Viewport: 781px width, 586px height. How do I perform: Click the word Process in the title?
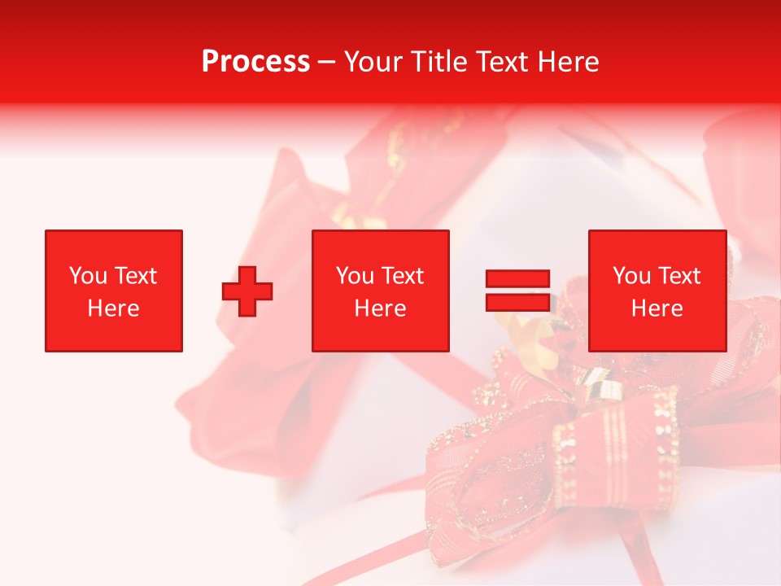[255, 62]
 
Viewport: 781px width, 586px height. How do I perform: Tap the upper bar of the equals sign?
[517, 279]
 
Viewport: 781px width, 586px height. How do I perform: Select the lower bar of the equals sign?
[517, 302]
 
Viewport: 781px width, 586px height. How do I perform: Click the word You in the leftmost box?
[85, 276]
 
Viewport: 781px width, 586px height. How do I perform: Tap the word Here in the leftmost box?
[113, 308]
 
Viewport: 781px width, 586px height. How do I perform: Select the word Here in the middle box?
[380, 308]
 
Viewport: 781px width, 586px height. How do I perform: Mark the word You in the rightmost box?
[630, 276]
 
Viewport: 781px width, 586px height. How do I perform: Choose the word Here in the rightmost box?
[657, 308]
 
